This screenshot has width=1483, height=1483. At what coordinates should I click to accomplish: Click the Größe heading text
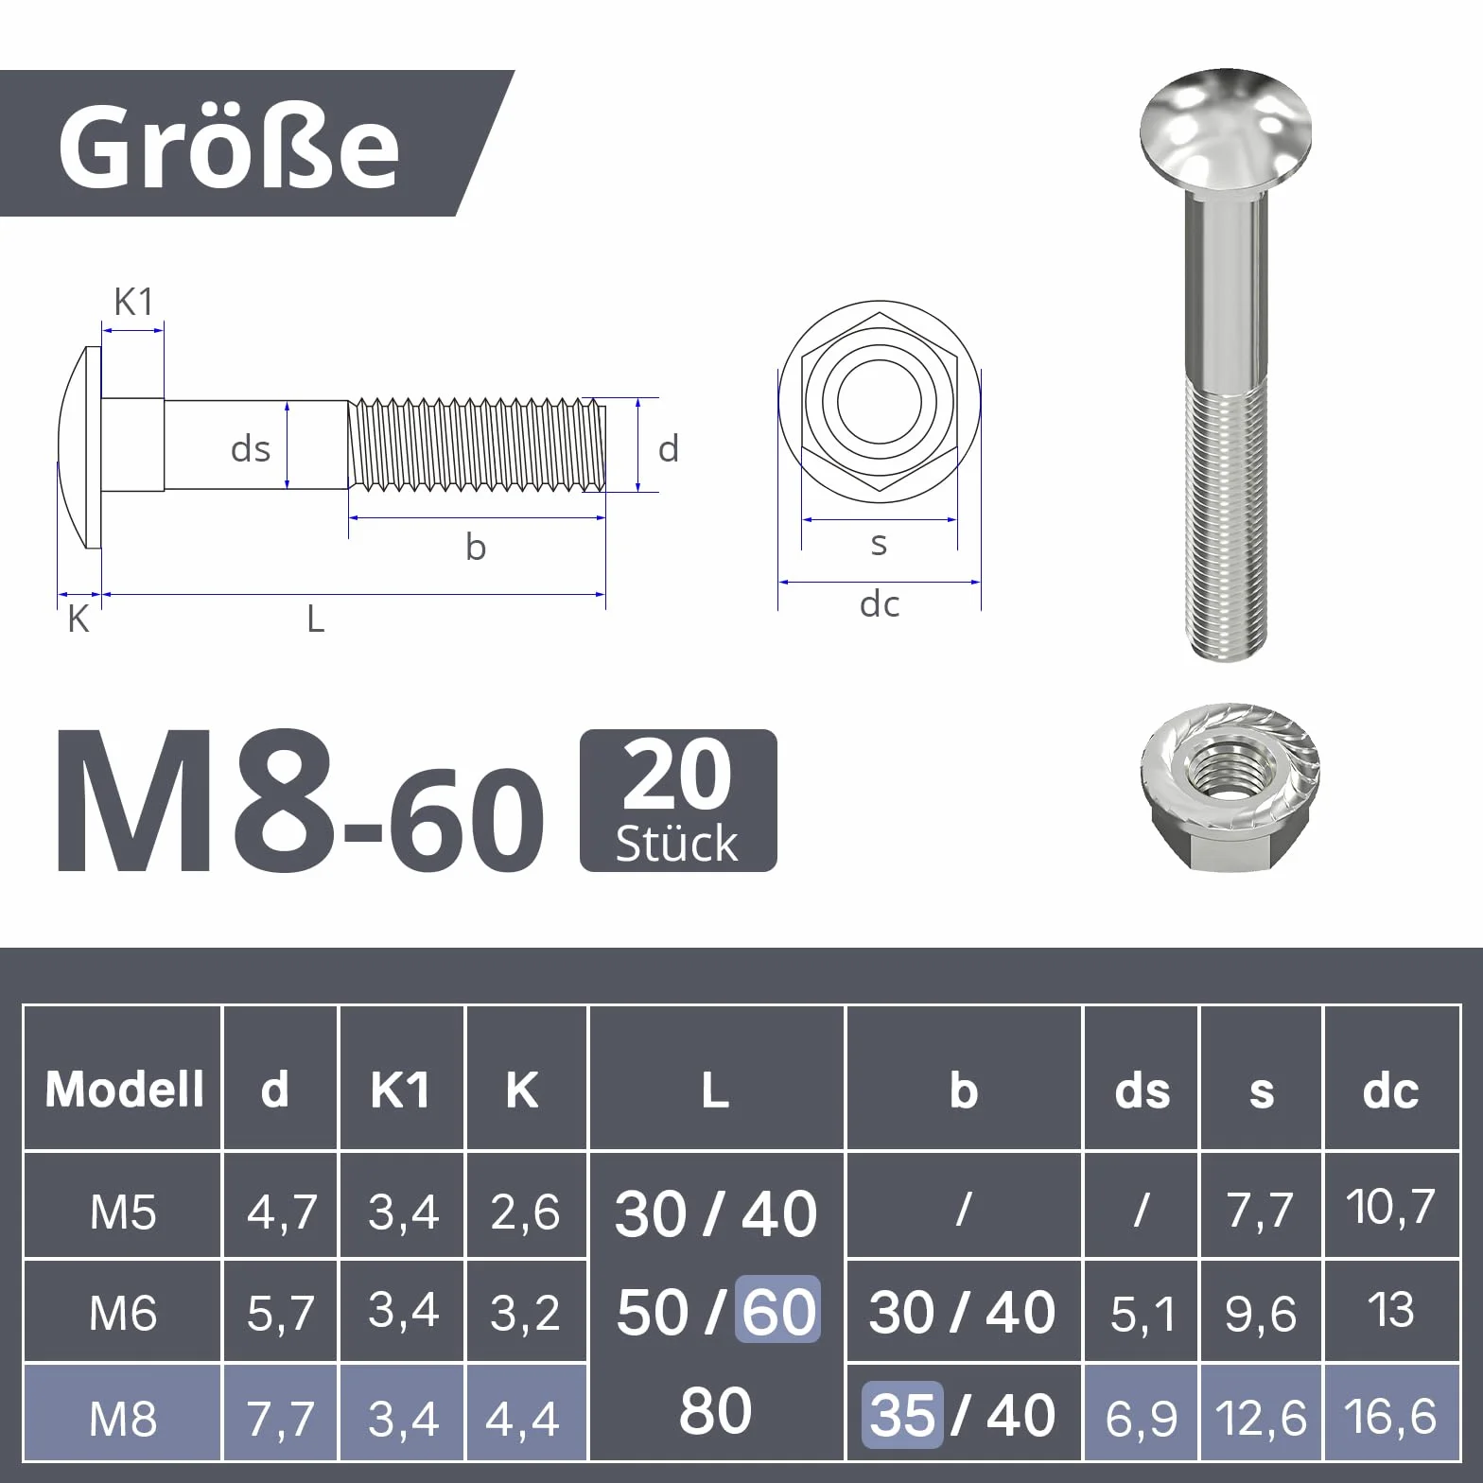tap(229, 146)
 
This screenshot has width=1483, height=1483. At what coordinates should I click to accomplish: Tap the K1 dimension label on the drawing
tap(133, 302)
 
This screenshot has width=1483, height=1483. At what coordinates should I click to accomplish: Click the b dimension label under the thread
tap(476, 547)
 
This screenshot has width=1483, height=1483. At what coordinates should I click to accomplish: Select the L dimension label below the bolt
tap(316, 619)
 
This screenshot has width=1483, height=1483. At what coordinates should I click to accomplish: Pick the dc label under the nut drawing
tap(880, 603)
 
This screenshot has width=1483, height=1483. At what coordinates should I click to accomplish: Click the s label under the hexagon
tap(879, 544)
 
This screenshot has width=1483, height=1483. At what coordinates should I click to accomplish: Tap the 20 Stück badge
tap(678, 800)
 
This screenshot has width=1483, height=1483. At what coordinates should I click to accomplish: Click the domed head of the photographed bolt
tap(1226, 131)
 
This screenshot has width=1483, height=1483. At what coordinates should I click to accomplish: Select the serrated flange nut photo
tap(1230, 787)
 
